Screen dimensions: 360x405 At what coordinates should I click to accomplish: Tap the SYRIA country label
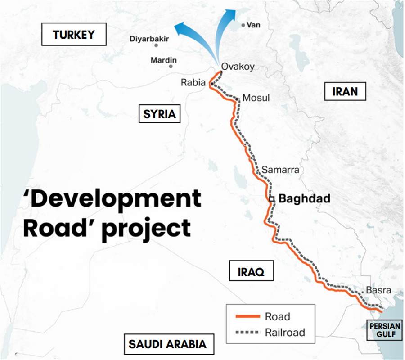pyautogui.click(x=159, y=114)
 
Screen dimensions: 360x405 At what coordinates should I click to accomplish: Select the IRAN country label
pyautogui.click(x=345, y=92)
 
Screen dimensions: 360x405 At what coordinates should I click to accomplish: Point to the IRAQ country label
pyautogui.click(x=251, y=271)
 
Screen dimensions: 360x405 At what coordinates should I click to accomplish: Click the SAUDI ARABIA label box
pyautogui.click(x=167, y=344)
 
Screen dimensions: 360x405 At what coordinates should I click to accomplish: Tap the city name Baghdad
pyautogui.click(x=305, y=198)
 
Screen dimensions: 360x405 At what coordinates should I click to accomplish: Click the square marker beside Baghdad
pyautogui.click(x=272, y=199)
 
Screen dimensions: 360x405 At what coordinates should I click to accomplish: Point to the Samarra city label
pyautogui.click(x=280, y=170)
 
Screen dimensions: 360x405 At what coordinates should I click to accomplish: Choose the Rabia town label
pyautogui.click(x=193, y=82)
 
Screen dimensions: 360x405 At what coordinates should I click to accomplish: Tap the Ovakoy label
pyautogui.click(x=238, y=67)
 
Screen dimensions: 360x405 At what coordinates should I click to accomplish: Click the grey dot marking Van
pyautogui.click(x=243, y=26)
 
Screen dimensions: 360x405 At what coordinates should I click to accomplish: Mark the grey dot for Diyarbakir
pyautogui.click(x=156, y=45)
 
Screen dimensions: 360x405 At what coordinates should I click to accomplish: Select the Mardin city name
pyautogui.click(x=163, y=60)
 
